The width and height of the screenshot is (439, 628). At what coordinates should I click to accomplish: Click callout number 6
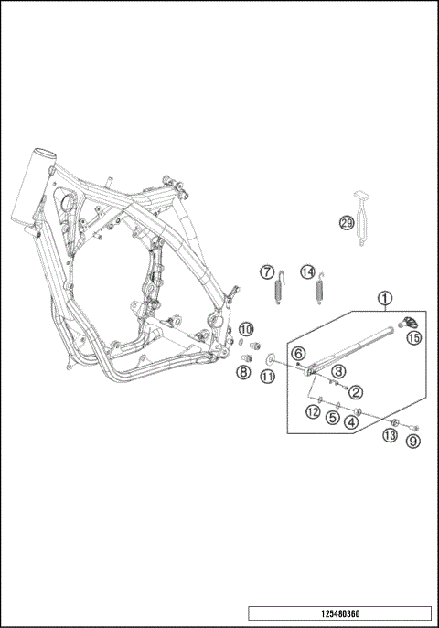[x=297, y=354]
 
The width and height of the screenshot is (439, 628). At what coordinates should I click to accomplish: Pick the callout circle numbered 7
[x=266, y=271]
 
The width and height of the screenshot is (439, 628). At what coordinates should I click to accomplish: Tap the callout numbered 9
[x=413, y=441]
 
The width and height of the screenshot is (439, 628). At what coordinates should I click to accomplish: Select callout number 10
[x=246, y=329]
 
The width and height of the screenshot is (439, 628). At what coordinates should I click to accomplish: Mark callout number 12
[x=313, y=412]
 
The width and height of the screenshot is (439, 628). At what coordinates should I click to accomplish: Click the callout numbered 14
[x=308, y=271]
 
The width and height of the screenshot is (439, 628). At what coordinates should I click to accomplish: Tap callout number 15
[x=414, y=337]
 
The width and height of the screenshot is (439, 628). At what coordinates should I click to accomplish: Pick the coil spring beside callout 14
[x=320, y=292]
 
